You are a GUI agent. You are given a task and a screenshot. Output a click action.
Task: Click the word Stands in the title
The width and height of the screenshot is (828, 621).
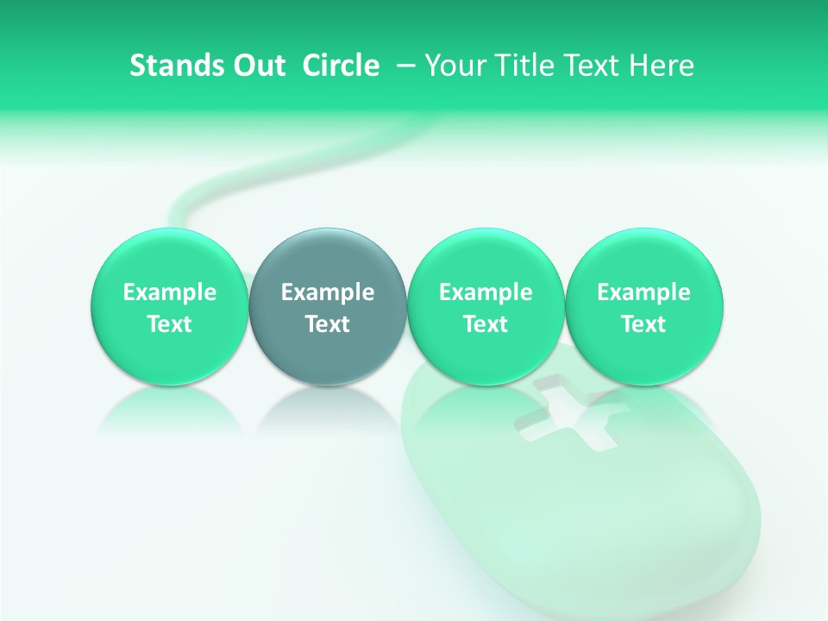click(x=172, y=66)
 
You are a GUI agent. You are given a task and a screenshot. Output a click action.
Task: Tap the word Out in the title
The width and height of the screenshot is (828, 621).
click(x=256, y=66)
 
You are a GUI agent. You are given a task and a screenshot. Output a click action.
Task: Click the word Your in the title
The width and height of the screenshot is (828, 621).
click(x=454, y=66)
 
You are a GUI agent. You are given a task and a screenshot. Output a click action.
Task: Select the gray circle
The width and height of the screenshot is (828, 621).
click(x=327, y=259)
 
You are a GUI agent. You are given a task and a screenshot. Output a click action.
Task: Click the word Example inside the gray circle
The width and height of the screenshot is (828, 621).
click(x=328, y=292)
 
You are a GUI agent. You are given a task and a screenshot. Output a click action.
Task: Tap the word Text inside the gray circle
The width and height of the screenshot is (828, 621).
click(x=328, y=324)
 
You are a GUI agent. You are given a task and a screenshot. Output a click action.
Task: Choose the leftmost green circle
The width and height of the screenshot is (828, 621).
click(x=169, y=259)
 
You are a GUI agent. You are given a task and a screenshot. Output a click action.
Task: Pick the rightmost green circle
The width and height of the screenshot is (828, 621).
click(x=643, y=259)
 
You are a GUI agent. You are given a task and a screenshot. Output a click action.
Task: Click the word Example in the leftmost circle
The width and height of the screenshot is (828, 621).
click(x=170, y=292)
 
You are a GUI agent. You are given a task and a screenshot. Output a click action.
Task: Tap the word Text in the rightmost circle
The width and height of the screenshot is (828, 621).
click(x=643, y=324)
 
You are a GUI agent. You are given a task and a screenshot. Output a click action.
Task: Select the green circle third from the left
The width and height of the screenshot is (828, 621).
click(x=486, y=259)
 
